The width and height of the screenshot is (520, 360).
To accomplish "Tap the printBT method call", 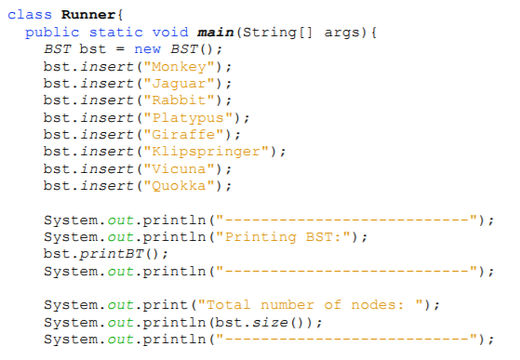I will (115, 253).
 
